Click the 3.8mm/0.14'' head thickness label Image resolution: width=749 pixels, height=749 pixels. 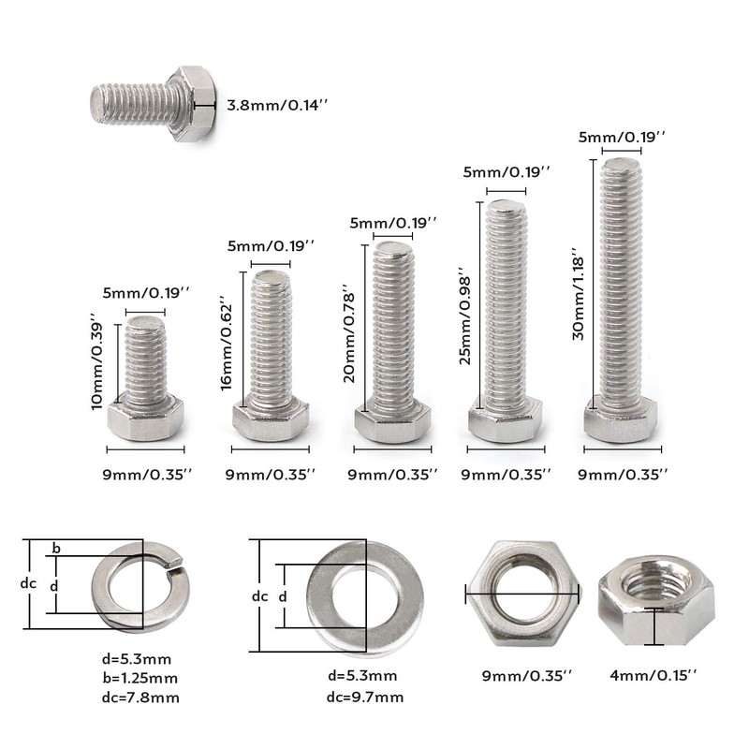(x=277, y=105)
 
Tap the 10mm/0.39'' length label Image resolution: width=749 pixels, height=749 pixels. (x=96, y=361)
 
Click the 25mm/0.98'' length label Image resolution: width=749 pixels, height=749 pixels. (x=464, y=320)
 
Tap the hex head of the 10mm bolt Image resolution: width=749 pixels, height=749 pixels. (x=146, y=417)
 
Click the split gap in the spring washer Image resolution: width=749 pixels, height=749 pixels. (x=174, y=565)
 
